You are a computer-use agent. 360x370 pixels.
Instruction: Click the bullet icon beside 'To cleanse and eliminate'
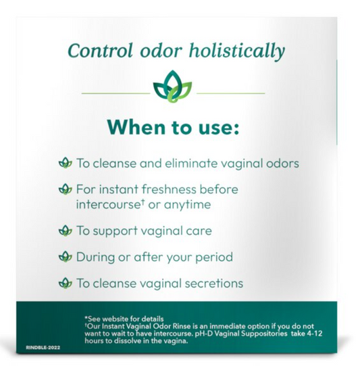point(66,163)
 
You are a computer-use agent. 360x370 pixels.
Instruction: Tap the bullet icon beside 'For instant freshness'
point(66,190)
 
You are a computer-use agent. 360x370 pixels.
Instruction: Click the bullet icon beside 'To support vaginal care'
point(66,231)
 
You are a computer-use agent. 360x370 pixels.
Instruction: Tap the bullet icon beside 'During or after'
point(66,257)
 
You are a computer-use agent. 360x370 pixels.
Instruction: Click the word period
point(215,257)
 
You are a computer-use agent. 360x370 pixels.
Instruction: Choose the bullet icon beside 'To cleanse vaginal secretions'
point(66,284)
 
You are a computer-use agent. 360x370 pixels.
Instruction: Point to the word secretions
point(210,284)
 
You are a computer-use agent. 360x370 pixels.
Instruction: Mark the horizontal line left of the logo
point(114,92)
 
